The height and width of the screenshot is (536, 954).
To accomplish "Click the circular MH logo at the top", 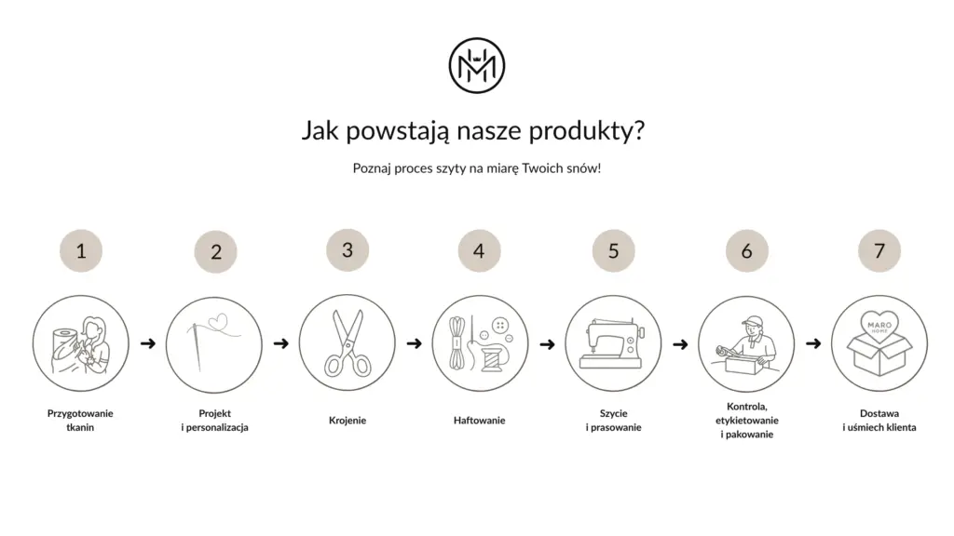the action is click(476, 66).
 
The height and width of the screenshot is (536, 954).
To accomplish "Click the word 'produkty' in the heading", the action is click(586, 130).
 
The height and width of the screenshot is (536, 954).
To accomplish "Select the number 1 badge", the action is click(81, 251).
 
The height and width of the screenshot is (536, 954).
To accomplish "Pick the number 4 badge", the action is click(480, 251).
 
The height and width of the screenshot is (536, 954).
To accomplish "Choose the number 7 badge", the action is click(879, 251).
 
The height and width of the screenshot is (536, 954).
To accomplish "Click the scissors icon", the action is click(348, 343).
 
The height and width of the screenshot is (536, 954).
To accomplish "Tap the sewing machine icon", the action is click(613, 343).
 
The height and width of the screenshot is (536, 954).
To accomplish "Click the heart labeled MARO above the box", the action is click(879, 328).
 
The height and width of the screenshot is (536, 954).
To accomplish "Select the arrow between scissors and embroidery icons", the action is click(415, 344).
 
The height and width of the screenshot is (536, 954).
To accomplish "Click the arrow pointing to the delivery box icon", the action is click(813, 344).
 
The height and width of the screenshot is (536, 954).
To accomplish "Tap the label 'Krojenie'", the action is click(348, 420).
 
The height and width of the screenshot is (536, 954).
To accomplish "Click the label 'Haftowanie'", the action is click(480, 420).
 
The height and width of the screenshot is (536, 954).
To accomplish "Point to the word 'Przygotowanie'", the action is click(80, 414).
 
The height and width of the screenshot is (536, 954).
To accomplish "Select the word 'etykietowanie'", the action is click(746, 420).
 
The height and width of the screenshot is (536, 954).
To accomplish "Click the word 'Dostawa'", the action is click(879, 413).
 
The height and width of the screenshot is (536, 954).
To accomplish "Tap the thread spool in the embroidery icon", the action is click(492, 358).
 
